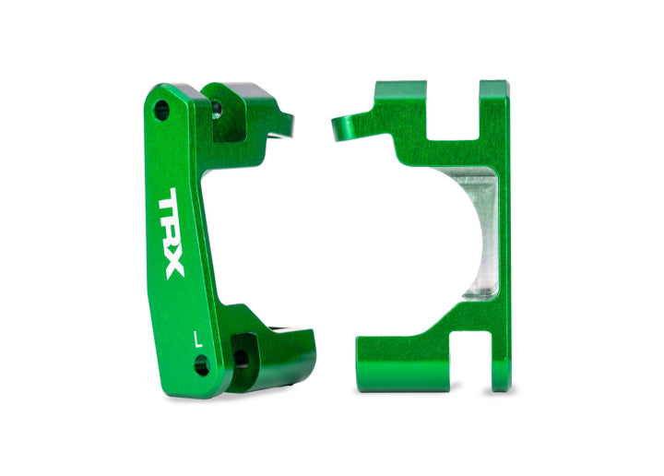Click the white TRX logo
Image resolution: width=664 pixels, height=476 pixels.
click(x=172, y=233)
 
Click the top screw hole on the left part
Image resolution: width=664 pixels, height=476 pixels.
click(x=161, y=111)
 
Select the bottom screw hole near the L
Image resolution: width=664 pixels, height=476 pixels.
click(x=201, y=366)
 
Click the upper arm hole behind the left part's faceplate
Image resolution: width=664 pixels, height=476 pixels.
click(x=216, y=110)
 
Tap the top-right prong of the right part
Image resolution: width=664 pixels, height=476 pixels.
click(x=494, y=97)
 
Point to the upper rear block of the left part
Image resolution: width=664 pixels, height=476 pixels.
click(x=244, y=115)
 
